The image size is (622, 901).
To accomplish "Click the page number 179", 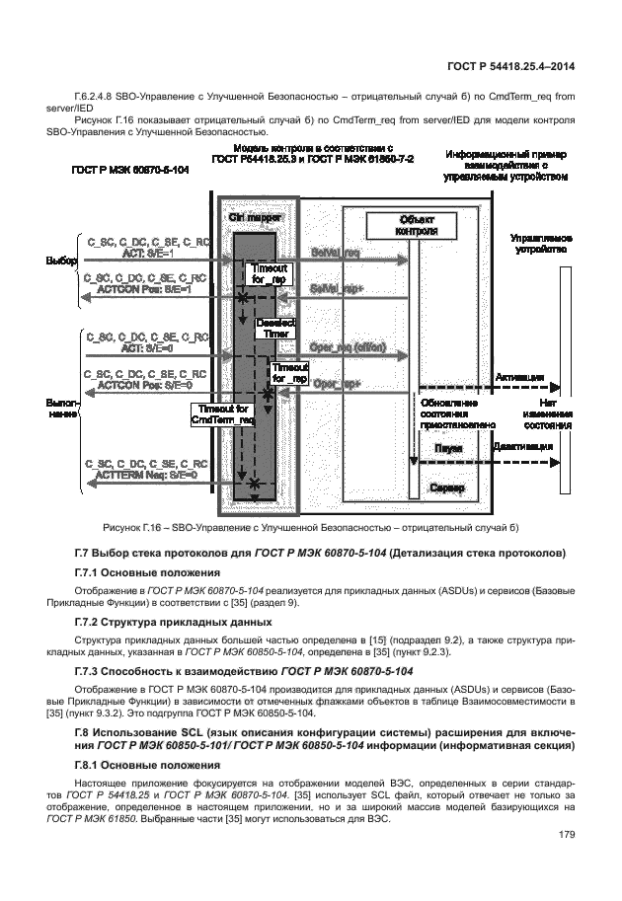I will tap(565, 835).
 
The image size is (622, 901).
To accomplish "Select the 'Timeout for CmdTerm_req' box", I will tap(224, 414).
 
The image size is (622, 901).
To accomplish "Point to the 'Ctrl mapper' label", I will tap(256, 216).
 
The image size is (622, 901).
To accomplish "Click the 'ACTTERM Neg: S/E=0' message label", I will tap(147, 475).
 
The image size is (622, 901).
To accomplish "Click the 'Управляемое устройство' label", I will tap(539, 245).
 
